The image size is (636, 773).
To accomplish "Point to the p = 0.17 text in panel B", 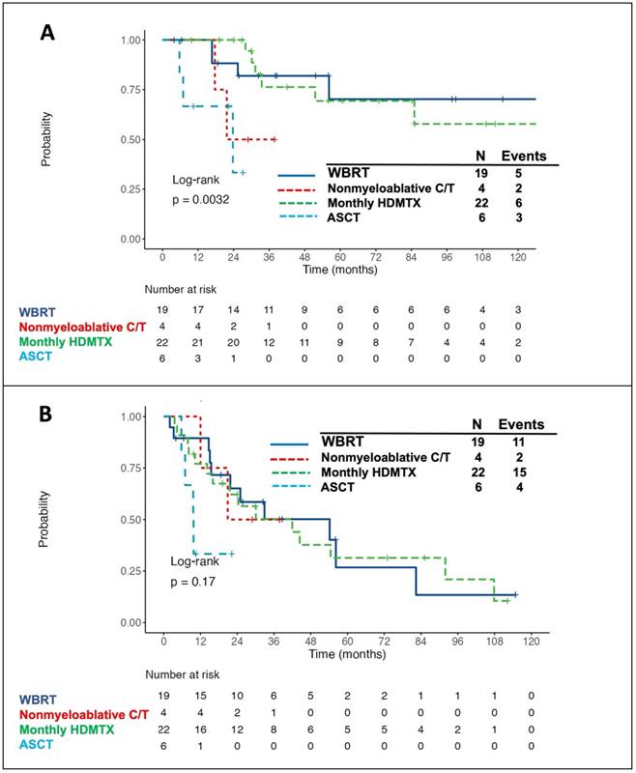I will pyautogui.click(x=193, y=582).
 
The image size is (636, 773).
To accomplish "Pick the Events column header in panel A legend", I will pyautogui.click(x=523, y=157).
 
